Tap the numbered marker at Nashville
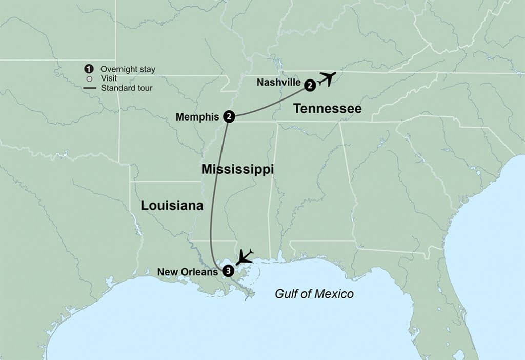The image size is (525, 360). [x=310, y=86]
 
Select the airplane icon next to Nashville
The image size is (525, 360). [x=327, y=78]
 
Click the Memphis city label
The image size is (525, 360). [x=198, y=117]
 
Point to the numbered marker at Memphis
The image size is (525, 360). [x=229, y=117]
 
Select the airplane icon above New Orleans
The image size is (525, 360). [x=244, y=256]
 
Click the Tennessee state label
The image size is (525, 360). [x=327, y=109]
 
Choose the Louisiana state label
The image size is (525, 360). [x=172, y=206]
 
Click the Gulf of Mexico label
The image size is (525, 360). [x=314, y=294]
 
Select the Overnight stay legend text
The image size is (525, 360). [x=128, y=69]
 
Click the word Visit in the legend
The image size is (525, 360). [x=109, y=78]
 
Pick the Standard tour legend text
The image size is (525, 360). [x=126, y=88]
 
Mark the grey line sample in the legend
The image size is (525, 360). [x=89, y=88]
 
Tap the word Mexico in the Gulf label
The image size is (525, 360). [x=337, y=294]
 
